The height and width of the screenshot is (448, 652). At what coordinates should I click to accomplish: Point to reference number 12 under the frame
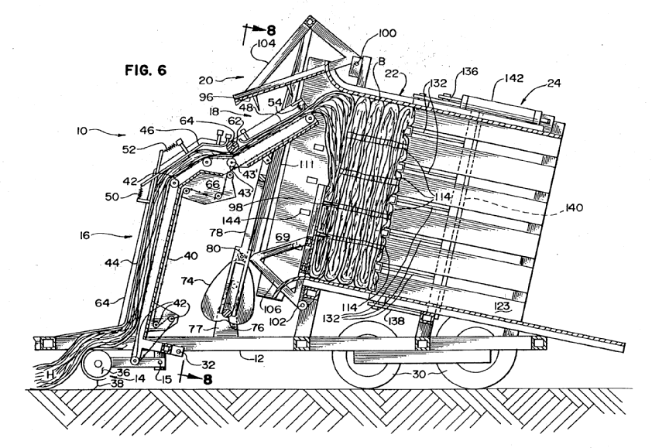[250, 356]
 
